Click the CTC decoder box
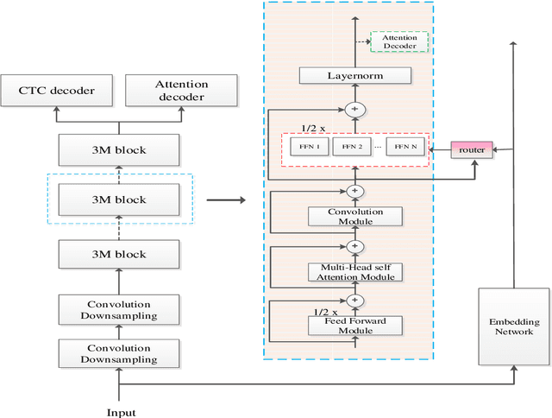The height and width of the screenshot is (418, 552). [x=59, y=92]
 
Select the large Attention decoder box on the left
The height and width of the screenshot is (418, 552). [x=180, y=92]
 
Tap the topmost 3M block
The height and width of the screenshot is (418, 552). [x=119, y=150]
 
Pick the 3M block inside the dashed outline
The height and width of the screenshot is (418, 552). [x=119, y=199]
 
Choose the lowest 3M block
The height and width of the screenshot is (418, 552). [x=119, y=254]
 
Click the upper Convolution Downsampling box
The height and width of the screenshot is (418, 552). [x=119, y=309]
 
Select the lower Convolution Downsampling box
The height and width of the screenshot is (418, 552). [x=119, y=353]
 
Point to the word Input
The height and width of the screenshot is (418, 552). [x=120, y=412]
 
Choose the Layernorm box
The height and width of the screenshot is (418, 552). [x=355, y=76]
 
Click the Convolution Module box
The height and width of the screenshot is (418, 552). [x=355, y=216]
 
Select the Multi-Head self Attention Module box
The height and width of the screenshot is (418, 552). [x=355, y=272]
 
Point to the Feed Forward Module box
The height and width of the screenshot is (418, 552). [x=355, y=325]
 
